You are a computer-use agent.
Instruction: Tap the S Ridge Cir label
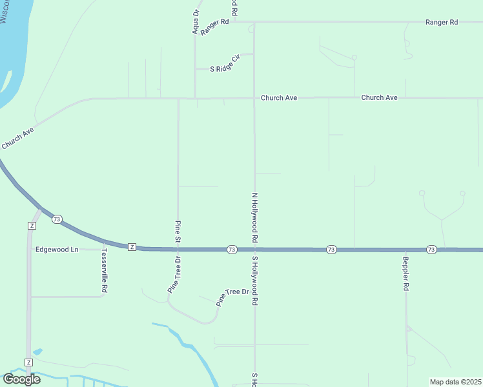225,68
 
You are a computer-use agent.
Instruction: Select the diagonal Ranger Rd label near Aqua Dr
215,26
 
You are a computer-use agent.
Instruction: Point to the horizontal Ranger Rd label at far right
442,22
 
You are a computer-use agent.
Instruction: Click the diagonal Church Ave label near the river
17,139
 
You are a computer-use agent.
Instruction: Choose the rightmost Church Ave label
379,97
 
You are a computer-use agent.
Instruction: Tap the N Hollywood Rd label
255,217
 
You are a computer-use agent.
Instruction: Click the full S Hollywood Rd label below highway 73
255,281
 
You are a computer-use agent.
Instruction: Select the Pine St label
178,232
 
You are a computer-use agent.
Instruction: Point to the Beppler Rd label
406,273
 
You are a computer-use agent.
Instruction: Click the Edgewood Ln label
57,249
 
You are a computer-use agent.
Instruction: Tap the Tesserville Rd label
103,272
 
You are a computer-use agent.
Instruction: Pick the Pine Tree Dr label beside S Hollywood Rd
232,296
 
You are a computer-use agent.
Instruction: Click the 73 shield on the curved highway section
57,219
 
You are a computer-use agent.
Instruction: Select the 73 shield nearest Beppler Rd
431,249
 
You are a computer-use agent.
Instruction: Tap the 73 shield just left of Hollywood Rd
231,249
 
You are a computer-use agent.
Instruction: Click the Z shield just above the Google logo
28,362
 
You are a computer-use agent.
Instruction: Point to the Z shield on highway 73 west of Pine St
132,246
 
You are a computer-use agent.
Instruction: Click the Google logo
21,379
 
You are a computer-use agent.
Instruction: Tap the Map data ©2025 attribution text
455,382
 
